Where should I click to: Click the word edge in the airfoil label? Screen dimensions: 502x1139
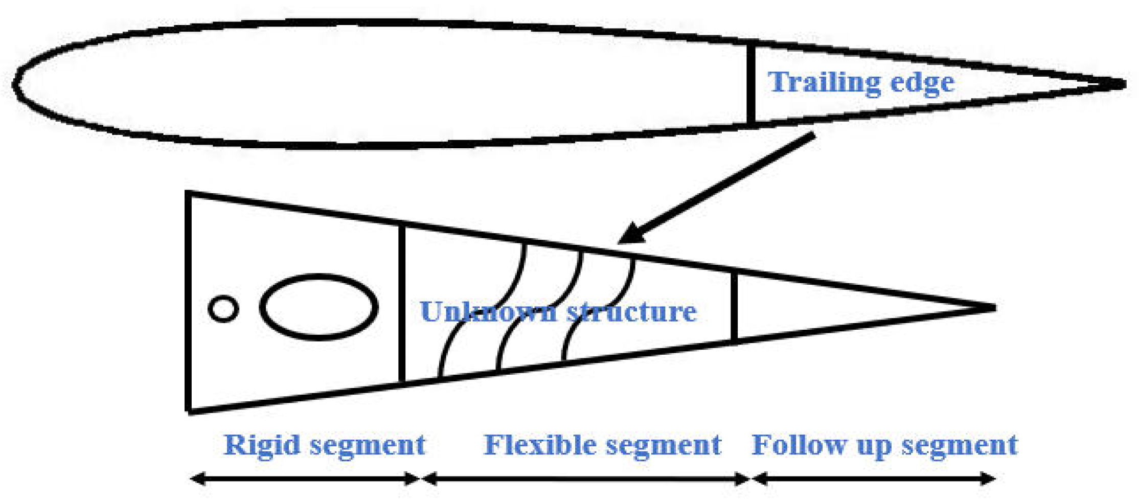click(922, 83)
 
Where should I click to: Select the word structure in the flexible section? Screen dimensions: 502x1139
click(632, 311)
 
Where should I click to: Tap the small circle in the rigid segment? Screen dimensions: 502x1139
click(223, 309)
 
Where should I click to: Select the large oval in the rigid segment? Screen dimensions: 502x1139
click(319, 307)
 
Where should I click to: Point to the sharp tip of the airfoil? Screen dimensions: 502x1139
click(1123, 84)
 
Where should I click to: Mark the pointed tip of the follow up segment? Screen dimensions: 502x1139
click(993, 308)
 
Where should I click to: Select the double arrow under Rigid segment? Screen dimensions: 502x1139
click(305, 479)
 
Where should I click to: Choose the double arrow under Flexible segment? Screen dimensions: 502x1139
click(585, 479)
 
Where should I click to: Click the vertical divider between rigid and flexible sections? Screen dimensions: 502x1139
click(402, 304)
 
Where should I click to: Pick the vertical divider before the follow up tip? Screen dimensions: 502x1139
click(735, 307)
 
